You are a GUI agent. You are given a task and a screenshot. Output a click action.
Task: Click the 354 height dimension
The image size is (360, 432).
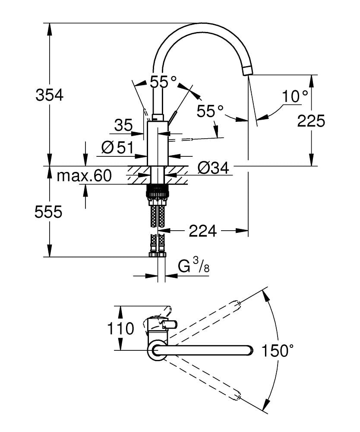pos(49,95)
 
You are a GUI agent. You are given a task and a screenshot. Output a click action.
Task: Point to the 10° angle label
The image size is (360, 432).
pos(295,96)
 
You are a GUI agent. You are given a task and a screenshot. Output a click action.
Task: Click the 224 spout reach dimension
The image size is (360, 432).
pos(202,232)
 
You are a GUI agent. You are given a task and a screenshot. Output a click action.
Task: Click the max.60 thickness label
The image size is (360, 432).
pos(84,175)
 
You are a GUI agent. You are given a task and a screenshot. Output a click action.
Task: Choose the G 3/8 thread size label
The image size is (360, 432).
pos(194,267)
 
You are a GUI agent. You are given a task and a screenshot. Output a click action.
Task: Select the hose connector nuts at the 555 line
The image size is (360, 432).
pos(157,253)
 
